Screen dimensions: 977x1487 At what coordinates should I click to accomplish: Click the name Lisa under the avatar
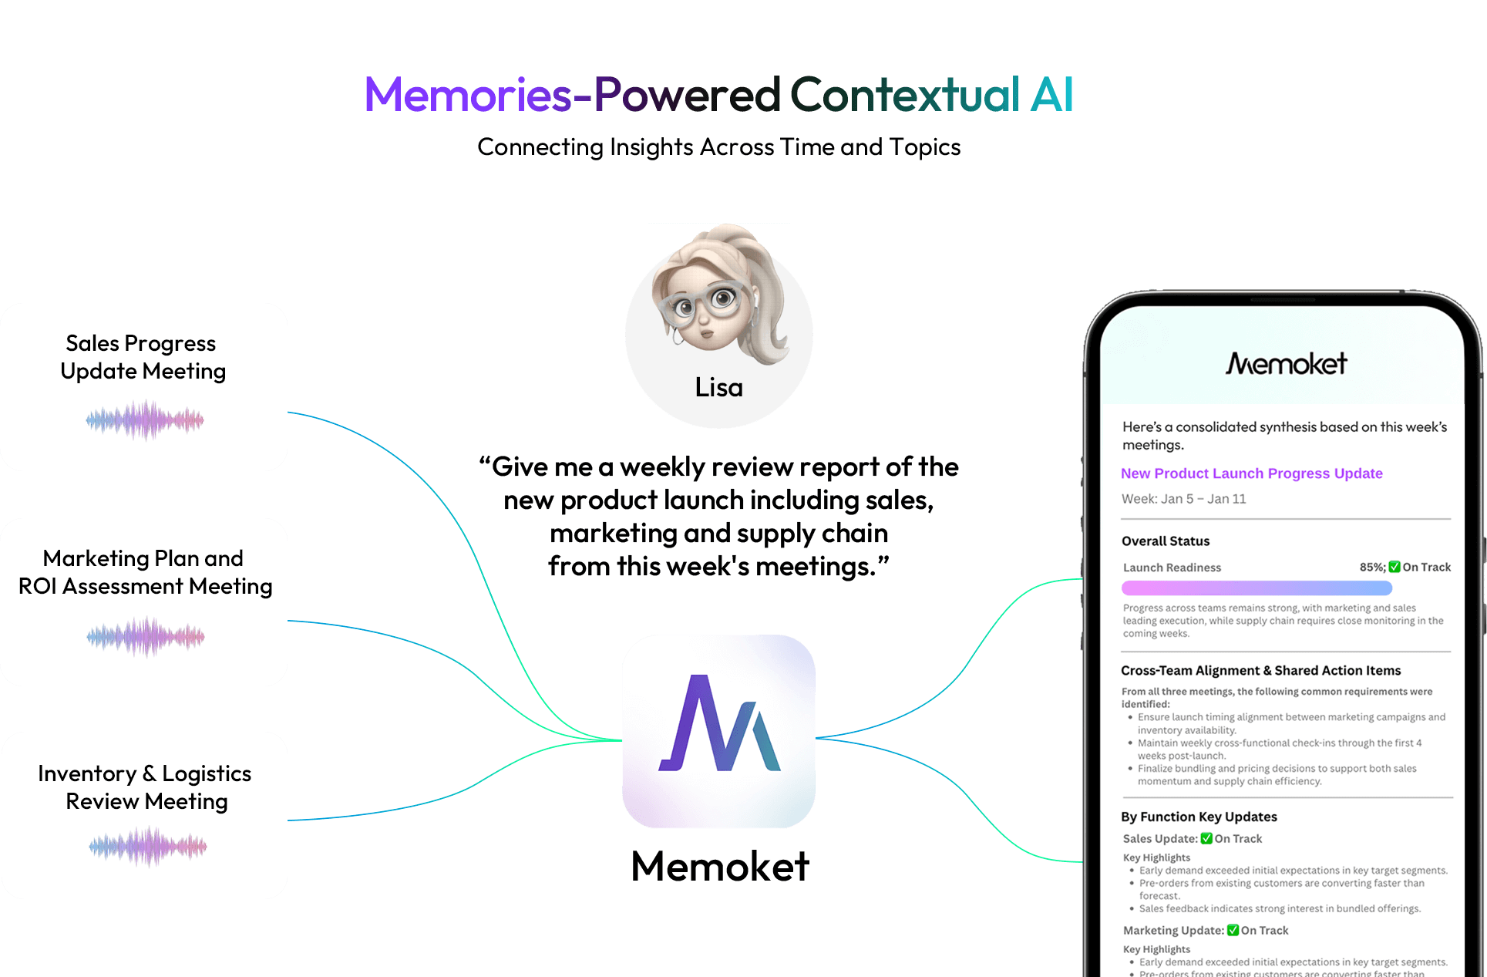pyautogui.click(x=718, y=387)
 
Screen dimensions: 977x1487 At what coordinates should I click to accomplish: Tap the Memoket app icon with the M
pyautogui.click(x=718, y=731)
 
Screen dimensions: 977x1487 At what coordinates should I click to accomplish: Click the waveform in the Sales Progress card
pyautogui.click(x=145, y=420)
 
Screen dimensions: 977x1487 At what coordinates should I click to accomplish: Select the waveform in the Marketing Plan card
pyautogui.click(x=145, y=637)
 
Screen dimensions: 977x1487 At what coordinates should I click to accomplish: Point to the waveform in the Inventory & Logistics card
pyautogui.click(x=147, y=847)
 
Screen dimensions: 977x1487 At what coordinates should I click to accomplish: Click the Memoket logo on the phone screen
pyautogui.click(x=1286, y=363)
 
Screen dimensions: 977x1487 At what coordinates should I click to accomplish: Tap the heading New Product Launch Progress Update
pyautogui.click(x=1251, y=473)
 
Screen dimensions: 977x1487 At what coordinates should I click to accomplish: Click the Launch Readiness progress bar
pyautogui.click(x=1257, y=588)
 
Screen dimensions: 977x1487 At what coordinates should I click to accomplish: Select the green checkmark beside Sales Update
pyautogui.click(x=1206, y=839)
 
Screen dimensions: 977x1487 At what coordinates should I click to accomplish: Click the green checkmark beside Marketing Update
pyautogui.click(x=1233, y=931)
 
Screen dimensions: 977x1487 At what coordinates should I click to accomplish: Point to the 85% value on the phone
pyautogui.click(x=1371, y=568)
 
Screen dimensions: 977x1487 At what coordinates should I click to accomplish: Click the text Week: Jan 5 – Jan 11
pyautogui.click(x=1183, y=499)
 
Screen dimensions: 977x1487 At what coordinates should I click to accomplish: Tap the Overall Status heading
pyautogui.click(x=1165, y=541)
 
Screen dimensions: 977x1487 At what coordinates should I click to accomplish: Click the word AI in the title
pyautogui.click(x=1051, y=95)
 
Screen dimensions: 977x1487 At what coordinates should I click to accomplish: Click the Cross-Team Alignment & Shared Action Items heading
pyautogui.click(x=1260, y=671)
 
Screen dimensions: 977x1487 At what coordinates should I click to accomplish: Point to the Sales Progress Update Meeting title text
pyautogui.click(x=143, y=357)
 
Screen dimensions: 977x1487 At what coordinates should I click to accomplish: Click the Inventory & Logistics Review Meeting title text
pyautogui.click(x=145, y=787)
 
